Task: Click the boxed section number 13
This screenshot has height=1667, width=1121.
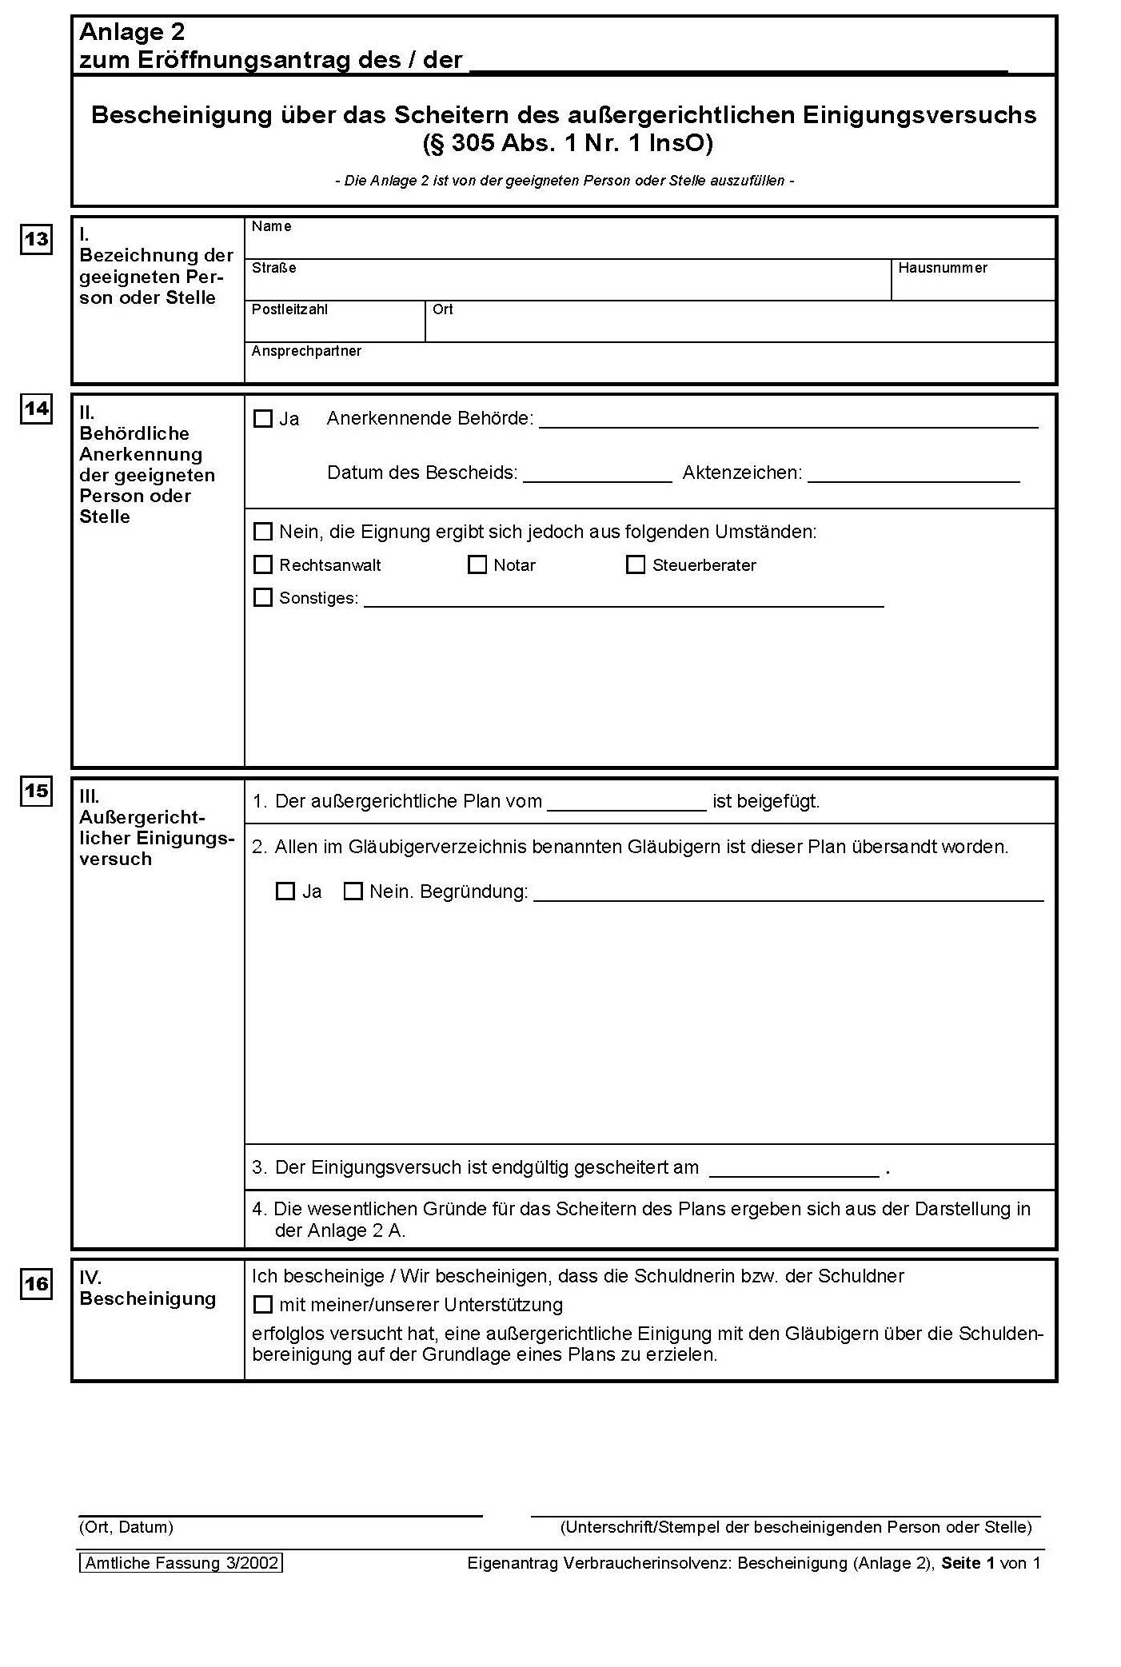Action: point(36,239)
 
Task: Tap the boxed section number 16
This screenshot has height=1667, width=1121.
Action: point(36,1283)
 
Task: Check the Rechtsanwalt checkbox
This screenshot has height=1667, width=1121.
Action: point(263,565)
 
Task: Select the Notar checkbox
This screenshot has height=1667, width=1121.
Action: point(477,565)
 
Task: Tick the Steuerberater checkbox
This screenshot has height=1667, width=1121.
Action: point(636,565)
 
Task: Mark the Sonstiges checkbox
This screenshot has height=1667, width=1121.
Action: point(263,597)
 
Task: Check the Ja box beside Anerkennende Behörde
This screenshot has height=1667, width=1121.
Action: point(263,419)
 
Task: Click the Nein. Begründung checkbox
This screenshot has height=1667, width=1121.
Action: point(353,891)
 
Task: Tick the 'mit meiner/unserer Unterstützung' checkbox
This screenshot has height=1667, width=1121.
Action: point(263,1305)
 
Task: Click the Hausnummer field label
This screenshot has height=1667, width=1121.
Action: point(943,268)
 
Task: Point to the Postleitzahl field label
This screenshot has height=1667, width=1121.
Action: point(289,309)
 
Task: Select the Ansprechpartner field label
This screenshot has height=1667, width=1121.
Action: point(306,351)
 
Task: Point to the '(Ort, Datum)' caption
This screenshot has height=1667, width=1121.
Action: point(126,1527)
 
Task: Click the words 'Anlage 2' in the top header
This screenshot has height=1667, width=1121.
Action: point(132,32)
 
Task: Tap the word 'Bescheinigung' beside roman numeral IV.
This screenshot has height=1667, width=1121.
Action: point(148,1298)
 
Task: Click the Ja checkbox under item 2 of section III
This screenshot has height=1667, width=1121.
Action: point(285,891)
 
